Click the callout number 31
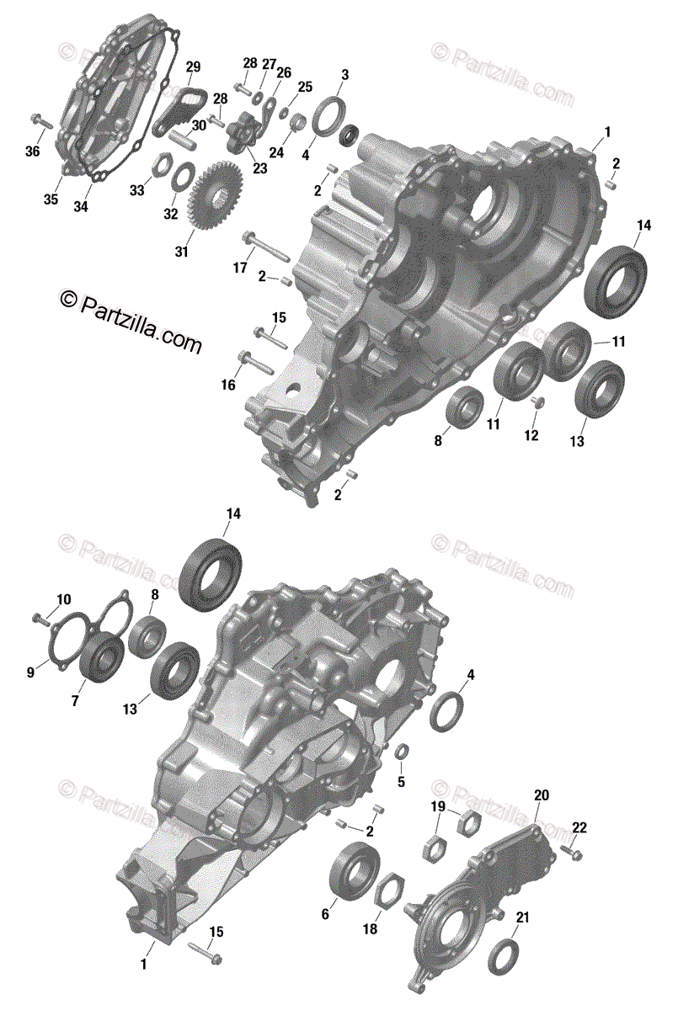tap(181, 252)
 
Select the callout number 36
tap(33, 151)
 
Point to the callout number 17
tap(240, 268)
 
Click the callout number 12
tap(531, 435)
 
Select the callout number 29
tap(193, 67)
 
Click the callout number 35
tap(51, 199)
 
